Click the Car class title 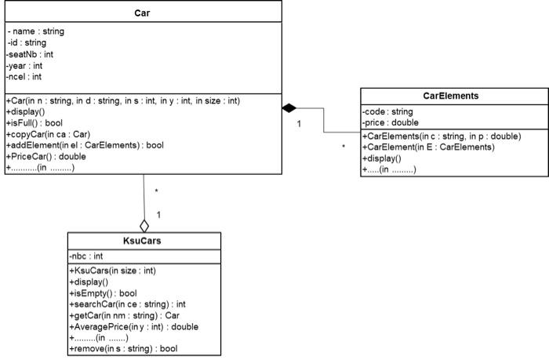[x=143, y=13]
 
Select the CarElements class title [x=451, y=96]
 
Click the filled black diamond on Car [x=290, y=106]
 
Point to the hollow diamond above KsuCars [x=144, y=226]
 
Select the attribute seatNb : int [x=30, y=54]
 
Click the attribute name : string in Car [x=36, y=31]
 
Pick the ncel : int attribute [x=25, y=77]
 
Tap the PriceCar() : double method [x=47, y=157]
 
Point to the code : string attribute [x=387, y=111]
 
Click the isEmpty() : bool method [x=104, y=293]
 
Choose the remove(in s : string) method [x=123, y=348]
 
